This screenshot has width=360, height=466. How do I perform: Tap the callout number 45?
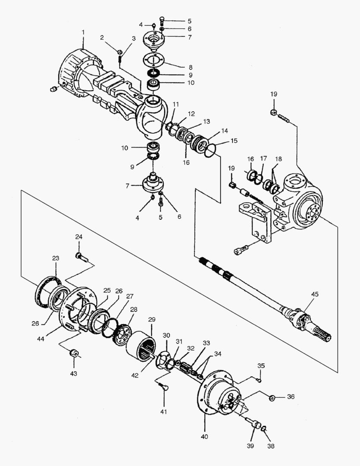315,294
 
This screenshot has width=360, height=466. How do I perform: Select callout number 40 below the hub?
204,437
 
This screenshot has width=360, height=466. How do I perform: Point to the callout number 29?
151,319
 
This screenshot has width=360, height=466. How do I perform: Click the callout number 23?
56,258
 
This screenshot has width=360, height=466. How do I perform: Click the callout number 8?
190,67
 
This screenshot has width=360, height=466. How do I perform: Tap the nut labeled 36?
272,397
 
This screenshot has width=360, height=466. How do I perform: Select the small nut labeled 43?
74,354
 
